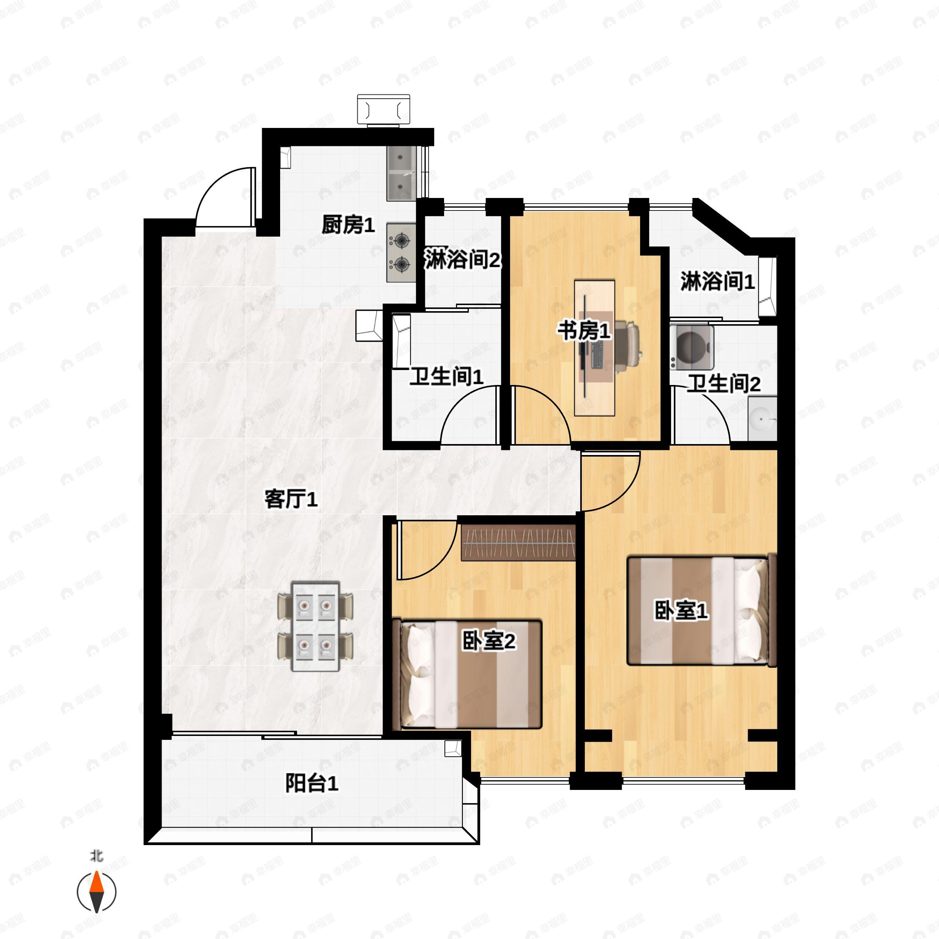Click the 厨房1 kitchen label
click(x=348, y=225)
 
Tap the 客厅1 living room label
click(x=291, y=499)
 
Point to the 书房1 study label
click(x=583, y=331)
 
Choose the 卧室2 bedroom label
click(x=488, y=642)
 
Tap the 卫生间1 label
click(x=446, y=377)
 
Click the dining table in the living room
click(x=315, y=626)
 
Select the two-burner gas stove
click(x=401, y=252)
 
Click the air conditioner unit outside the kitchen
click(x=383, y=110)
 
